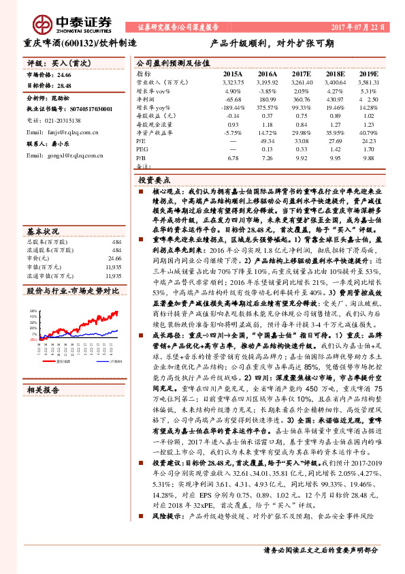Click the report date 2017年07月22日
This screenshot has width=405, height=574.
point(359,27)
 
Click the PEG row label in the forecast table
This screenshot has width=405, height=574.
point(142,149)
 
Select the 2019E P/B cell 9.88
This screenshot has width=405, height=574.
point(368,157)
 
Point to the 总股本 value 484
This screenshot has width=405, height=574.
point(116,242)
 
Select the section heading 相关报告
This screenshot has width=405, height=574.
point(44,390)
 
